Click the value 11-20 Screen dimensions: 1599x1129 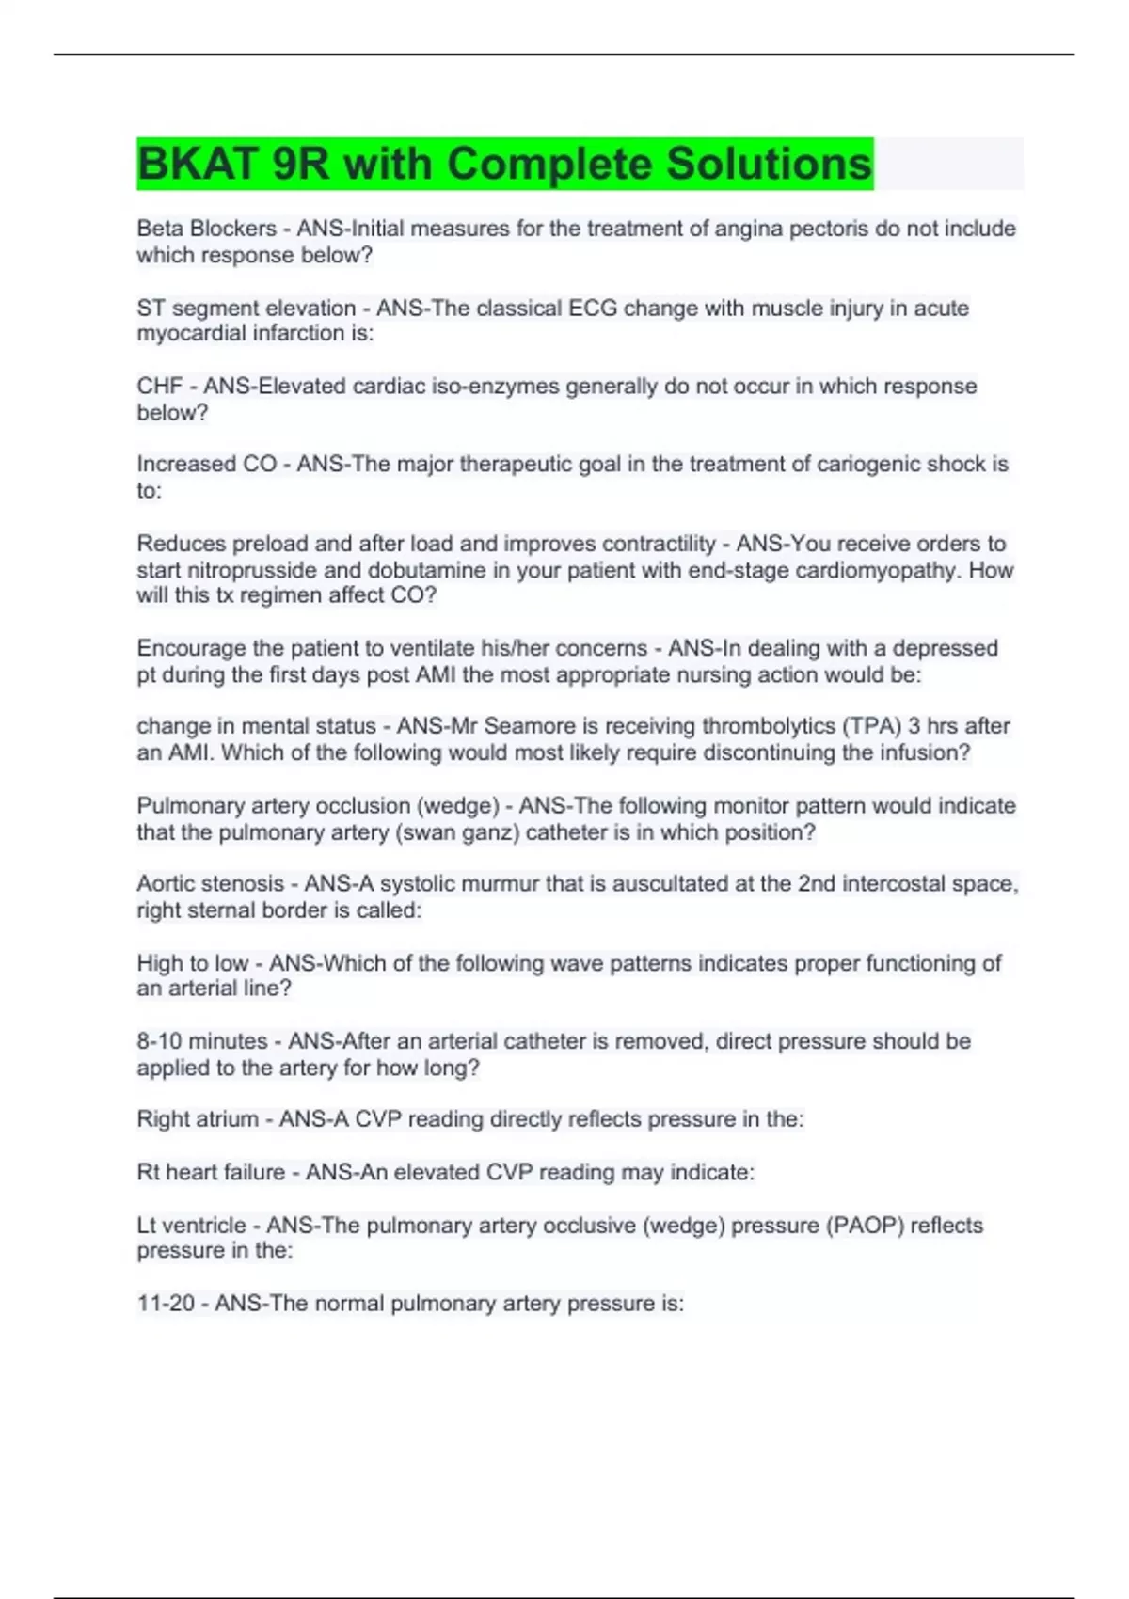(x=166, y=1304)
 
